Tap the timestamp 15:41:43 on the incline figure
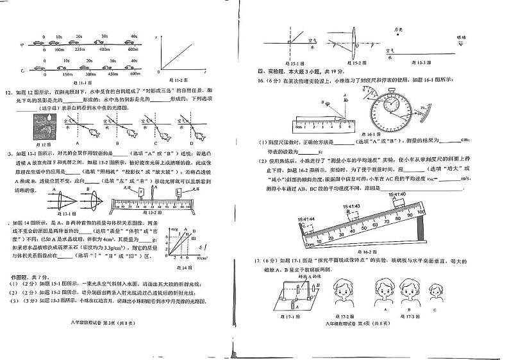(353, 206)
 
